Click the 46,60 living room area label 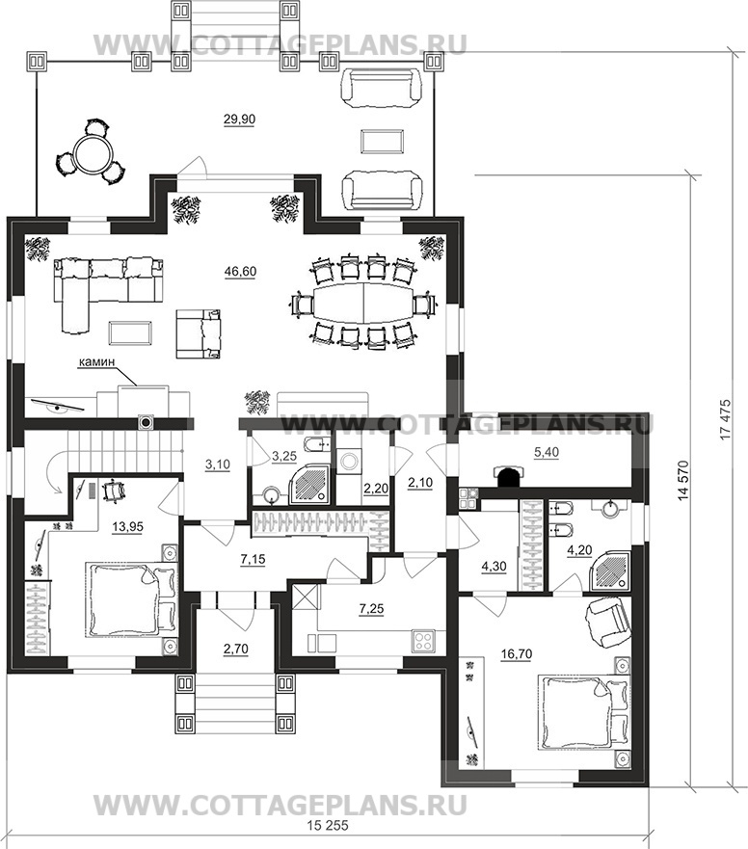(x=240, y=271)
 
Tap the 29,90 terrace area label (x=239, y=119)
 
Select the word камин (x=96, y=362)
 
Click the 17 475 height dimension (x=726, y=419)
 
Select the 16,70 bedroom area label (x=517, y=654)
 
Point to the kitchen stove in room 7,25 (x=423, y=641)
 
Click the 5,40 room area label (x=547, y=452)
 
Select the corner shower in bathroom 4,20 (x=611, y=571)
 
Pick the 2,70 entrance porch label (x=235, y=649)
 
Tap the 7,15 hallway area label (x=253, y=559)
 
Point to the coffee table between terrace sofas (x=383, y=142)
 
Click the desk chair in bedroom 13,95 (x=115, y=491)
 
